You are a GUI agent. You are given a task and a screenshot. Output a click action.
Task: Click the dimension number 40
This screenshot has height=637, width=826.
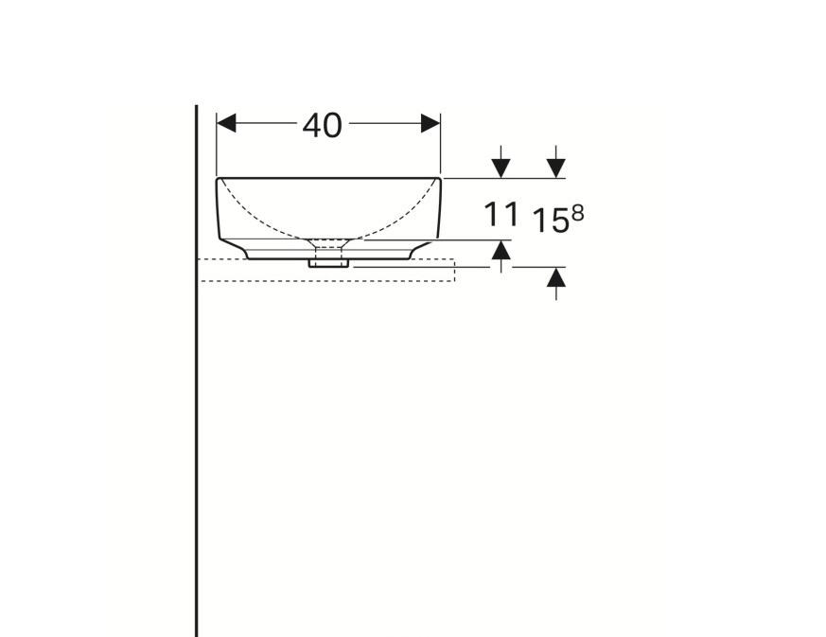point(323,125)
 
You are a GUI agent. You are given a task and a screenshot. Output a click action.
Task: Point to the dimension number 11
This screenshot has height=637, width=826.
point(501,215)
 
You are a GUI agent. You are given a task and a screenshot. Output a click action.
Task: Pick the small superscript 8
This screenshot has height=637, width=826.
point(577,213)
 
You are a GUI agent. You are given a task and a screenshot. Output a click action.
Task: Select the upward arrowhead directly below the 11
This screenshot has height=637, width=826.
point(501,250)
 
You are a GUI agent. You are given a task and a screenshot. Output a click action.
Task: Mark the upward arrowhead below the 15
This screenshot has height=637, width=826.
point(556,277)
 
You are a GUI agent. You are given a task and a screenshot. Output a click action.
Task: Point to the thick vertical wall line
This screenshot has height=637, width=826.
point(197,426)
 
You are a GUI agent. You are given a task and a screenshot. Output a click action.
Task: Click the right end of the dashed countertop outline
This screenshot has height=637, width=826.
point(454,270)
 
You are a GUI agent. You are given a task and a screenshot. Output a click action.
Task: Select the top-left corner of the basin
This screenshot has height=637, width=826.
point(219,179)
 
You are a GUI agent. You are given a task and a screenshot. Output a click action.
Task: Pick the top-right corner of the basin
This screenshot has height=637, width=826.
point(439,179)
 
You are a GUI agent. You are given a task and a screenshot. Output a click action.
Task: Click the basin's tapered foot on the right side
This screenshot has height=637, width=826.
point(419,250)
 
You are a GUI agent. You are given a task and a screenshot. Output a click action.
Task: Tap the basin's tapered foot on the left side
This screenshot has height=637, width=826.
point(239,250)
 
